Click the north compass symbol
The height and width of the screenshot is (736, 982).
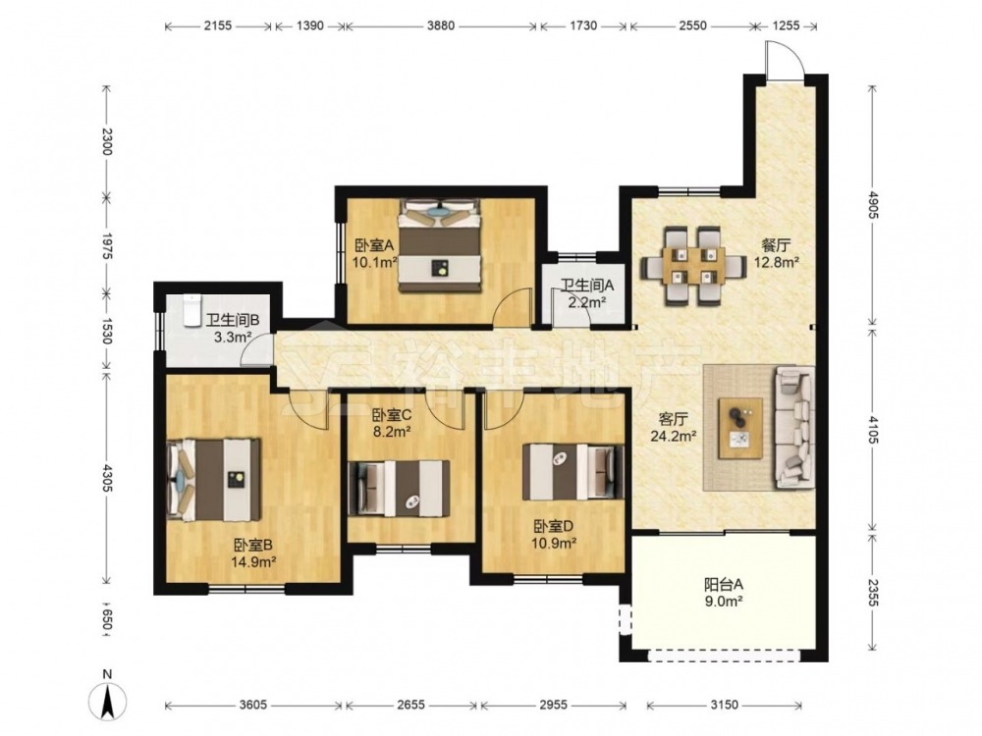[x=108, y=696]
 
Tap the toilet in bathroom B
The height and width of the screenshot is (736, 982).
[x=191, y=310]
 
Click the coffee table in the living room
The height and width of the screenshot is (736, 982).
[x=740, y=428]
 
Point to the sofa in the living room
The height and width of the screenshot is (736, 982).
[x=795, y=428]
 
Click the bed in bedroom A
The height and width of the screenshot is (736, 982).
[x=440, y=245]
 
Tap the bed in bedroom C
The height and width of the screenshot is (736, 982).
[x=399, y=488]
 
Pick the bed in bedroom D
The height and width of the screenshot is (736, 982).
[x=573, y=471]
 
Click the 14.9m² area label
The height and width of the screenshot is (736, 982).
[x=253, y=562]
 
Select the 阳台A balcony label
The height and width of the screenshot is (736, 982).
[x=724, y=585]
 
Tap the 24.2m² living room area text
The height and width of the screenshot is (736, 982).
[x=674, y=437]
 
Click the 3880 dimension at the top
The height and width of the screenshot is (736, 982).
[x=440, y=26]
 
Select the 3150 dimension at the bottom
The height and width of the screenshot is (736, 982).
[x=724, y=705]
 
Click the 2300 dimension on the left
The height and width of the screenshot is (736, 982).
[x=107, y=142]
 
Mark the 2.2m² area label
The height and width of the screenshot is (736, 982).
[x=587, y=303]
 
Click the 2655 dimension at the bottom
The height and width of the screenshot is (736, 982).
[x=410, y=705]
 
